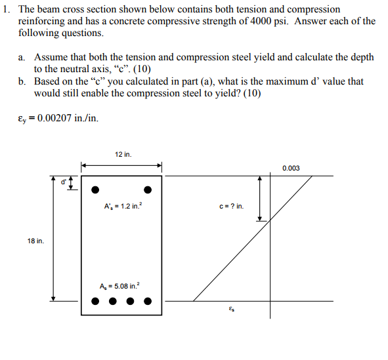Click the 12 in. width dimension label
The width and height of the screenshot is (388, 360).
point(122,155)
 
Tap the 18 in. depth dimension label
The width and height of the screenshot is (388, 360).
point(35,241)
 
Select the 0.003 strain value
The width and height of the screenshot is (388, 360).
point(291,169)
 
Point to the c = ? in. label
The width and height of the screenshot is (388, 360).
point(231,207)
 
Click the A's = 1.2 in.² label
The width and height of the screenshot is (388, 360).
point(122,206)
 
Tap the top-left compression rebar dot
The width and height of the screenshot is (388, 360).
point(95,190)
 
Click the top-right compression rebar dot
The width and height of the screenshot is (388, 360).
point(148,190)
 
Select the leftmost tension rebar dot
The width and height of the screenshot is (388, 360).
point(95,302)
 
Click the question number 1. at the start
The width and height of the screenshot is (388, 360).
point(7,10)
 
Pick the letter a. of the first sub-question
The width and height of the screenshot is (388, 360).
point(22,58)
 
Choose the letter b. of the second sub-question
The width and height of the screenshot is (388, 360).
point(22,81)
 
